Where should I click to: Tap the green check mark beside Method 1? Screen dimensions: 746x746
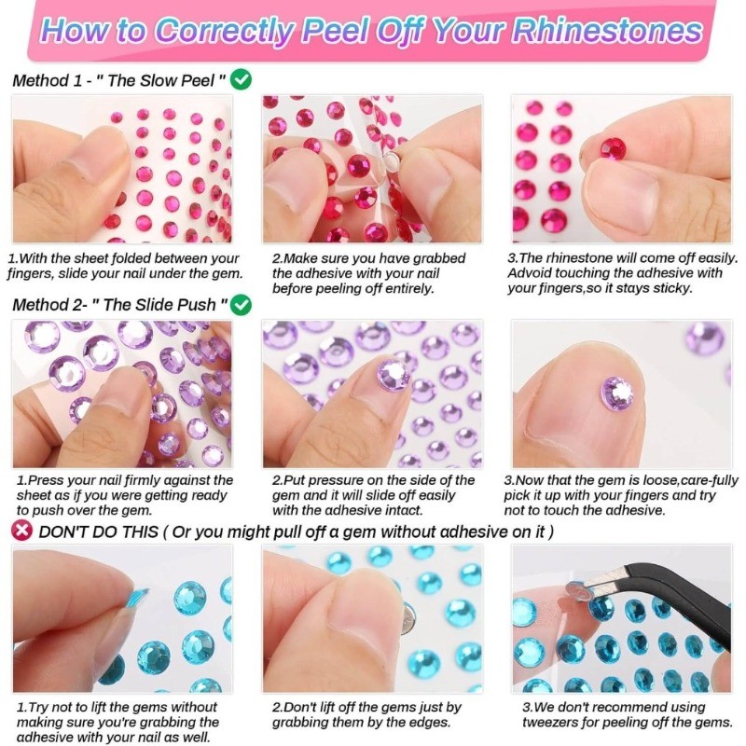(241, 79)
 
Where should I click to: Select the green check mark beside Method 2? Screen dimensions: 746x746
(241, 304)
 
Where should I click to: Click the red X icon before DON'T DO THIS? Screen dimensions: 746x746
(21, 530)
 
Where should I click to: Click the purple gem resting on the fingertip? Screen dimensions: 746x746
(617, 392)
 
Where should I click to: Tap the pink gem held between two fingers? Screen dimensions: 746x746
(613, 148)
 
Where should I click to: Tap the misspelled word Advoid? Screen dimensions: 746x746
(529, 273)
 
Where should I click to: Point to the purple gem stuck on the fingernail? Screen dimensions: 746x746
(393, 374)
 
